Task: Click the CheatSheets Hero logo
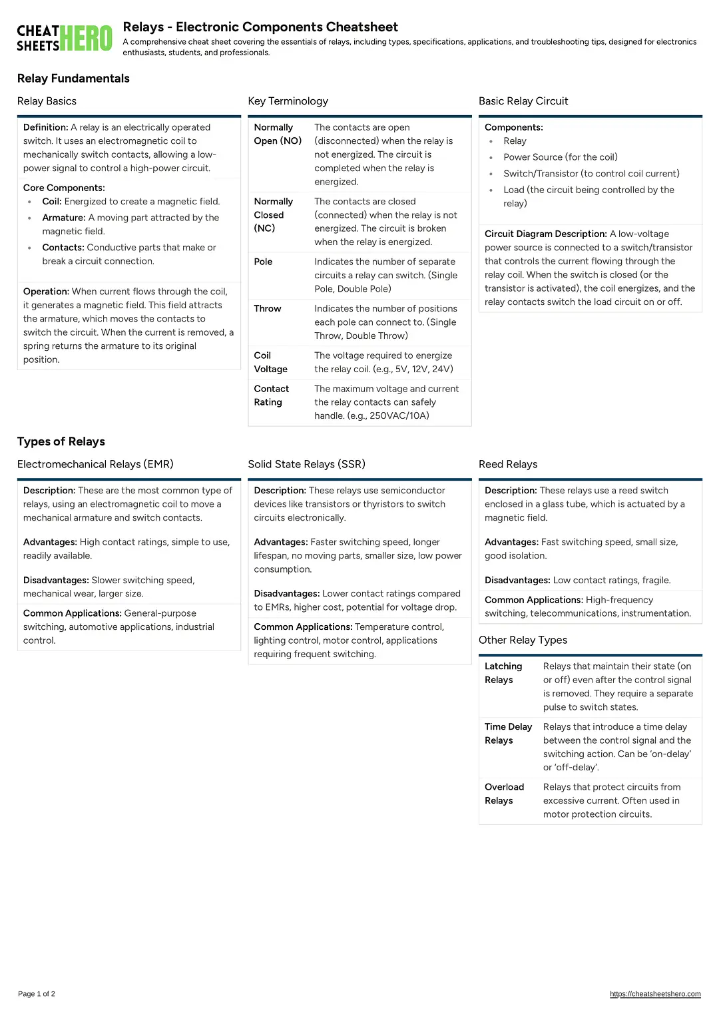[x=65, y=38]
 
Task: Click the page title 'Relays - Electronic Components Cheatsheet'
[x=260, y=27]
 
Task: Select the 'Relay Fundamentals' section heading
[x=73, y=79]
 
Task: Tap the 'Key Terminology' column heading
[x=288, y=101]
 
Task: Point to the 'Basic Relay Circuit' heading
[x=523, y=101]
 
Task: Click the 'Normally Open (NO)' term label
[x=278, y=134]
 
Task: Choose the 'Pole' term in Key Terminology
[x=263, y=262]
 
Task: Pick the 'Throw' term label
[x=268, y=308]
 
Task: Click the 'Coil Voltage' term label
[x=270, y=362]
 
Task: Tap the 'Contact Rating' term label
[x=271, y=395]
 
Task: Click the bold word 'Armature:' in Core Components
[x=64, y=218]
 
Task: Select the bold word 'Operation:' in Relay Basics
[x=46, y=292]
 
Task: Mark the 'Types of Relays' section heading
[x=61, y=441]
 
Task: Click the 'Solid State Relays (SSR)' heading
[x=306, y=464]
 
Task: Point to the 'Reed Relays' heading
[x=508, y=464]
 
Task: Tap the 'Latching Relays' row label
[x=503, y=673]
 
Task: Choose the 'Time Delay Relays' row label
[x=508, y=734]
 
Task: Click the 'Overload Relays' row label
[x=504, y=794]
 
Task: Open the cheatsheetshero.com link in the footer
[x=655, y=994]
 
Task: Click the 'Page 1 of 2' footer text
[x=37, y=994]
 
